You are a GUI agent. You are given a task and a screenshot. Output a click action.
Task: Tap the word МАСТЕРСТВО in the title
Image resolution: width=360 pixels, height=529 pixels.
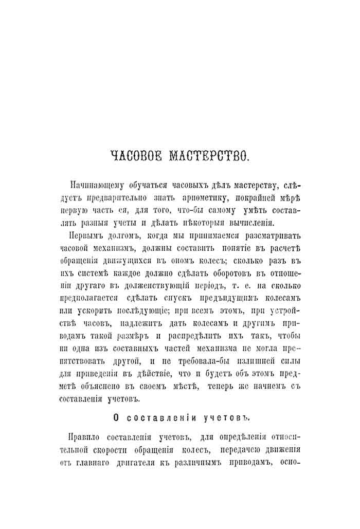[209, 156]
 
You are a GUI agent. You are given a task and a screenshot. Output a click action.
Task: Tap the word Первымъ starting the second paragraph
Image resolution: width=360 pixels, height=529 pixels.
[86, 235]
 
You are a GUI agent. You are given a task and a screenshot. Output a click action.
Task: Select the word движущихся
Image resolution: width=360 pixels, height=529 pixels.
[135, 261]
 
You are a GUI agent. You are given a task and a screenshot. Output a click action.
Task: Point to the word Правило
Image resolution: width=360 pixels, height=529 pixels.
[85, 437]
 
